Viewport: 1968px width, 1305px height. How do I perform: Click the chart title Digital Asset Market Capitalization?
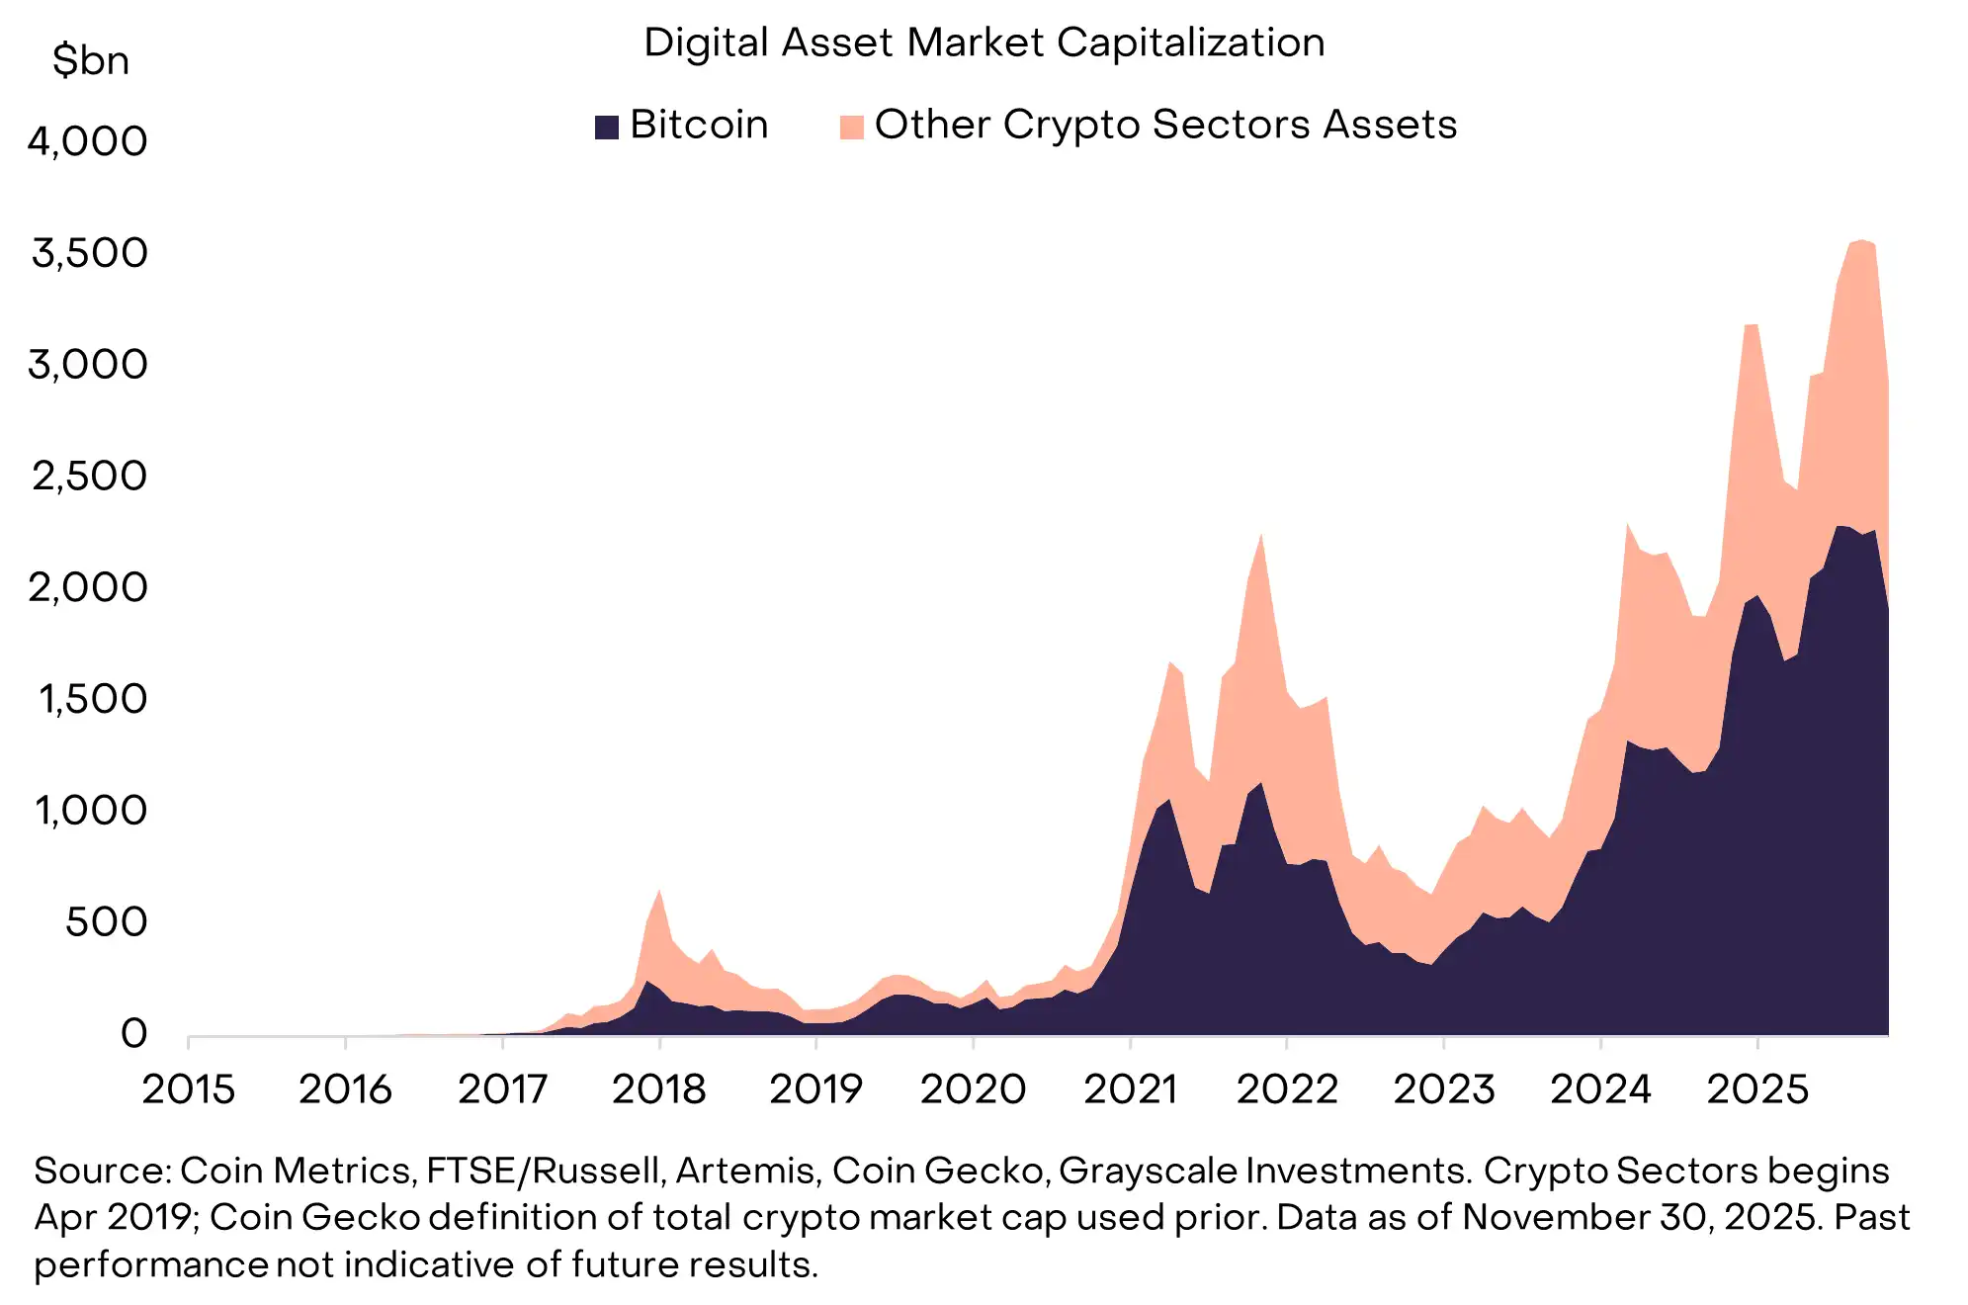[984, 43]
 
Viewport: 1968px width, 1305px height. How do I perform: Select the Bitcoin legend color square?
[606, 127]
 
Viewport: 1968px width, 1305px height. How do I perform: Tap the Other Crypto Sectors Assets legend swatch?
[851, 127]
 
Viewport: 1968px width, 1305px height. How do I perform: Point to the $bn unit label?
[91, 61]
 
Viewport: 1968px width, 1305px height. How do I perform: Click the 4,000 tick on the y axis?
[88, 141]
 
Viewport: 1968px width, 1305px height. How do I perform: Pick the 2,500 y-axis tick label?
[90, 477]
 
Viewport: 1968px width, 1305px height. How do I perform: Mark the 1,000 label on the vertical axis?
[91, 811]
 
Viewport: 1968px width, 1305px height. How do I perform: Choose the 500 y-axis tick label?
[106, 922]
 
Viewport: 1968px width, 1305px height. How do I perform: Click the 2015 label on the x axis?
[188, 1089]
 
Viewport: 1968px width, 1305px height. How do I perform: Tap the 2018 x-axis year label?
[658, 1089]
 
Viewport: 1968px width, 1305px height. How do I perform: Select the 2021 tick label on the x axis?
[1130, 1089]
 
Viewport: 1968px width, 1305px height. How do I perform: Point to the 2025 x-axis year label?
[1757, 1089]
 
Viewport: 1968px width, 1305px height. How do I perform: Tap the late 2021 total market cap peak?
[1261, 535]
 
